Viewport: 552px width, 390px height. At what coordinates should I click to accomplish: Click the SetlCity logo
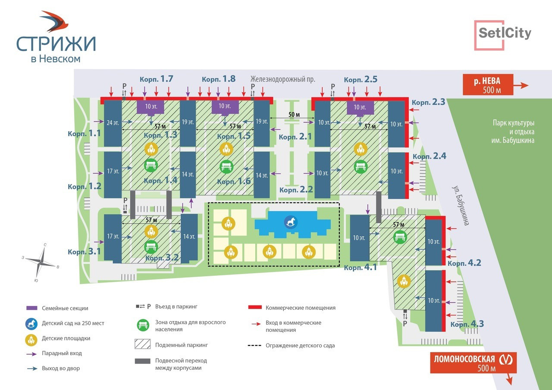[x=503, y=35]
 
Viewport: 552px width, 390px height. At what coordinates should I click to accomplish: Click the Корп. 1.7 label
[x=156, y=79]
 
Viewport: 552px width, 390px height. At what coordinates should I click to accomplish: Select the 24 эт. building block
[x=113, y=123]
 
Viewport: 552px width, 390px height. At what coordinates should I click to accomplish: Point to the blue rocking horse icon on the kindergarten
[x=291, y=222]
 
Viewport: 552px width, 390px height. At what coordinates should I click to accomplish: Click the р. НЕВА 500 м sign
[x=488, y=85]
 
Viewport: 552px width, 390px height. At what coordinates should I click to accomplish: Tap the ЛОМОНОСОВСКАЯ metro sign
[x=473, y=363]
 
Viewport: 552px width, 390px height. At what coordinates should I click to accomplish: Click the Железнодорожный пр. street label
[x=282, y=79]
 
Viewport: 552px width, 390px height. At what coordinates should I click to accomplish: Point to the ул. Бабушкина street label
[x=460, y=205]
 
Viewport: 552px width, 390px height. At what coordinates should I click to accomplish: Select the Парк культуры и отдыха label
[x=513, y=131]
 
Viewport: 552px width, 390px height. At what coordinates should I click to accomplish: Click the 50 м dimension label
[x=294, y=115]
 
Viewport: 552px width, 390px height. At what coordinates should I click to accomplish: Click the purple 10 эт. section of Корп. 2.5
[x=360, y=108]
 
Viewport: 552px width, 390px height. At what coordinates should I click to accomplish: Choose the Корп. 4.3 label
[x=467, y=324]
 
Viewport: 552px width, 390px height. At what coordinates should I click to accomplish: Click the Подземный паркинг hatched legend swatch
[x=142, y=344]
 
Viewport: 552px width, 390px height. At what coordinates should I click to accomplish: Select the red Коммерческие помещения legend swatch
[x=255, y=307]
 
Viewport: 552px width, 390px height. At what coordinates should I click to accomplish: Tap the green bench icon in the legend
[x=143, y=325]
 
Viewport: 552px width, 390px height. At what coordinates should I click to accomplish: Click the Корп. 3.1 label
[x=84, y=251]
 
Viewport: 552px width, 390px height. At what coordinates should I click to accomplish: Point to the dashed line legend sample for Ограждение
[x=254, y=346]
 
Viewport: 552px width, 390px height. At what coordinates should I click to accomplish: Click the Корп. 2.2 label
[x=296, y=190]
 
